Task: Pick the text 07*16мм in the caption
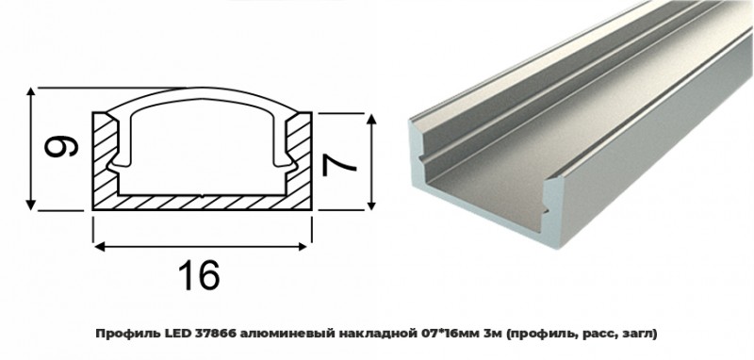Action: (447, 333)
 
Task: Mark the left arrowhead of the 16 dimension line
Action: (97, 247)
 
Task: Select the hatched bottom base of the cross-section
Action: (202, 201)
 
